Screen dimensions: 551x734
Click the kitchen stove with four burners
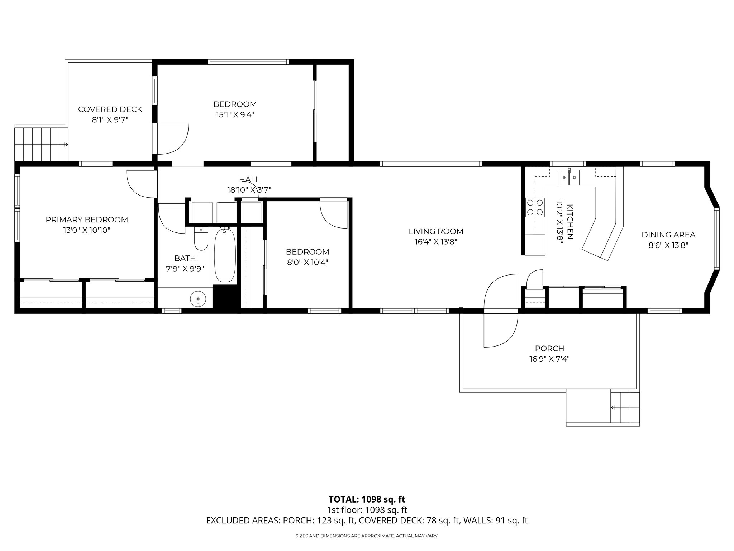(x=535, y=207)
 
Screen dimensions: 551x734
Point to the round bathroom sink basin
(x=198, y=298)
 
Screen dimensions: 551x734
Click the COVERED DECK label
(x=110, y=109)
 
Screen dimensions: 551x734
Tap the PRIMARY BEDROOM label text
(x=87, y=220)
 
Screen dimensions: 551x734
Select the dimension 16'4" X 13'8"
(x=436, y=242)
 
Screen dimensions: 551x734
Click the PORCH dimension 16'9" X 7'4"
(x=549, y=359)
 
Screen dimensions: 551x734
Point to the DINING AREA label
(x=668, y=235)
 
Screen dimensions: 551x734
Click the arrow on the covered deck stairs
(x=66, y=145)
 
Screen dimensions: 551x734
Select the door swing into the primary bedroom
(x=141, y=184)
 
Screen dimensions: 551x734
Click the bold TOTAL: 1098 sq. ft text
(x=367, y=499)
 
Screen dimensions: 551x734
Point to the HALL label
(x=249, y=180)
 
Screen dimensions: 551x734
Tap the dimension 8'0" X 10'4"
(x=308, y=262)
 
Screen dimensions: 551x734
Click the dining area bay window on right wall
(x=716, y=239)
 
